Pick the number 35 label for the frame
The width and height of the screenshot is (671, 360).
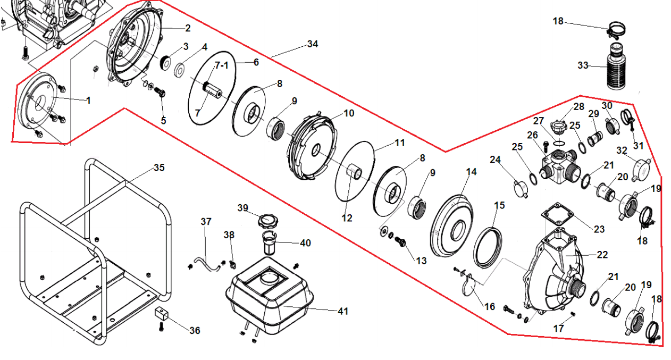[159, 168]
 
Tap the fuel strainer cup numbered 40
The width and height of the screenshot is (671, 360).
[271, 244]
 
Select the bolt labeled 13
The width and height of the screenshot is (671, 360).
[402, 242]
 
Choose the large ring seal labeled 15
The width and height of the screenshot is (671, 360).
[488, 247]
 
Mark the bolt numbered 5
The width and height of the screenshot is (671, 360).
[160, 94]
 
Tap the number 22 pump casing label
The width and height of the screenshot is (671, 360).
[602, 255]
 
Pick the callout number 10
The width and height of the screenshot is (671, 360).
[349, 113]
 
